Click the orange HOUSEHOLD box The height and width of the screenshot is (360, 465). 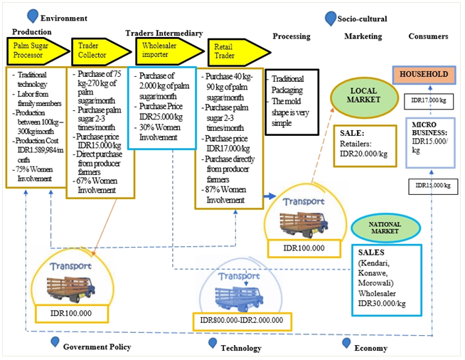(424, 75)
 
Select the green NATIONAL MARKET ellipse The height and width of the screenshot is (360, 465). (385, 228)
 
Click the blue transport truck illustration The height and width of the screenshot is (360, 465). (239, 298)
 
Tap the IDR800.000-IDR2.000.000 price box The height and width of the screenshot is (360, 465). (242, 321)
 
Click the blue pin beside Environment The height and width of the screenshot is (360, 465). (32, 16)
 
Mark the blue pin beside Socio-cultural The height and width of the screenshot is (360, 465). (331, 18)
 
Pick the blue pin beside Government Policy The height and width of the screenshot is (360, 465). (55, 342)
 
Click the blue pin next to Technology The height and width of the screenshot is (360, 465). (213, 343)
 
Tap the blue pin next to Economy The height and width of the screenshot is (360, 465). (346, 343)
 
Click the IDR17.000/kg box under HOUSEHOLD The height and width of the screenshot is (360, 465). (429, 101)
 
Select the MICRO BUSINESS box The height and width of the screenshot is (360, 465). (431, 143)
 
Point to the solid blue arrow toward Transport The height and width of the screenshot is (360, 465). (270, 196)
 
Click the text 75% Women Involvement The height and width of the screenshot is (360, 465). (34, 174)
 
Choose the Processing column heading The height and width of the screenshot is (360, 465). (292, 36)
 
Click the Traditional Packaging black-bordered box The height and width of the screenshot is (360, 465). (292, 102)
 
